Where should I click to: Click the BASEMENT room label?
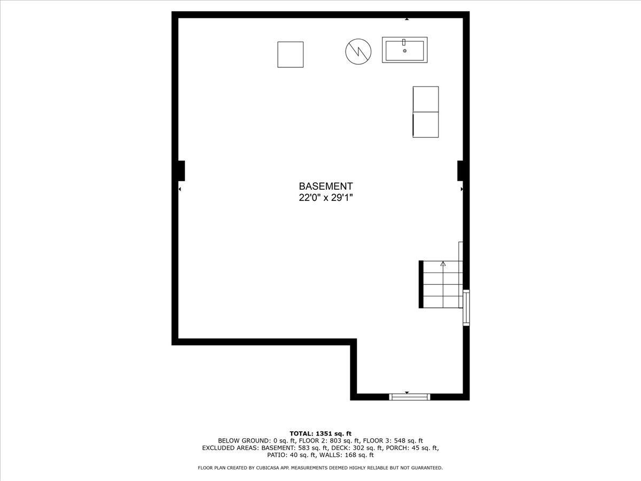coord(325,187)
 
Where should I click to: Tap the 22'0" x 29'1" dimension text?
coord(325,198)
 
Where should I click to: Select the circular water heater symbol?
coord(358,51)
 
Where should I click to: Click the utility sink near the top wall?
coord(404,50)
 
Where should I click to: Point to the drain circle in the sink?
coord(404,51)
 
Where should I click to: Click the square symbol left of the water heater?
coord(290,55)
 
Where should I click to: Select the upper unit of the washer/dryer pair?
coord(426,99)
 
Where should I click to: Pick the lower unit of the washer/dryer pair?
coord(426,125)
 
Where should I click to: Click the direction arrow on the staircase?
coord(443,263)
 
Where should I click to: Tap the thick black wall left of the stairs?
coord(421,284)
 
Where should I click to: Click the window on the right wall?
coord(466,307)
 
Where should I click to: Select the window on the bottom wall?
coord(409,397)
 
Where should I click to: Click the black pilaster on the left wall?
coord(181,170)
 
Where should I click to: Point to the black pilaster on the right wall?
coord(460,170)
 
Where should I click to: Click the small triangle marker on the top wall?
coord(407,19)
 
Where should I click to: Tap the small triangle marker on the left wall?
coord(180,189)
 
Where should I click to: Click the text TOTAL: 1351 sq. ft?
coord(320,433)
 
